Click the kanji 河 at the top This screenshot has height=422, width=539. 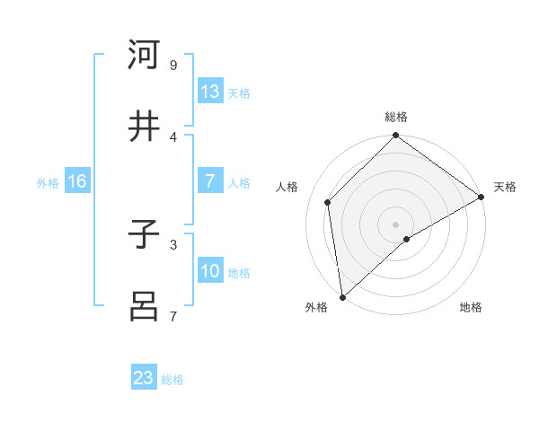[x=144, y=55]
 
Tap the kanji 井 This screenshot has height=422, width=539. [x=144, y=126]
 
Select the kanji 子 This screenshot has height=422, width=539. [x=144, y=235]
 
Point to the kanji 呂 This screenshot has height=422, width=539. [x=144, y=305]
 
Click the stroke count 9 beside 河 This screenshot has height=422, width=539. [x=172, y=65]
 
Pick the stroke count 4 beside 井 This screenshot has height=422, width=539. [x=172, y=136]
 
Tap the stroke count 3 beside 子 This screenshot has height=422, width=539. [x=172, y=244]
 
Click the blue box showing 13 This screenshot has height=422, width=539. [x=210, y=92]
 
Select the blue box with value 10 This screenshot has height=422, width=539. [x=210, y=271]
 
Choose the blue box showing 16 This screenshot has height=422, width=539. [x=77, y=181]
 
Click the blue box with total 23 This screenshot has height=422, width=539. [x=144, y=378]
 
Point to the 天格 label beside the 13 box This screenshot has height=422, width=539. [x=239, y=93]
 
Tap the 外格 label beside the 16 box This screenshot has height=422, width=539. [x=48, y=183]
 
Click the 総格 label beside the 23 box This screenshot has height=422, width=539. [x=172, y=380]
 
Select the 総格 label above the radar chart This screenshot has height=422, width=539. [x=396, y=117]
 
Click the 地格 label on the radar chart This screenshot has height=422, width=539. [x=471, y=308]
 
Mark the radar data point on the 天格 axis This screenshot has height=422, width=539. [x=482, y=198]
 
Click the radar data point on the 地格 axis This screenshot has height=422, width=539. [x=407, y=239]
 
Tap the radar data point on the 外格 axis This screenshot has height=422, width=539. [x=342, y=296]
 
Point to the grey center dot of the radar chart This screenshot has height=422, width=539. [x=396, y=224]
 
